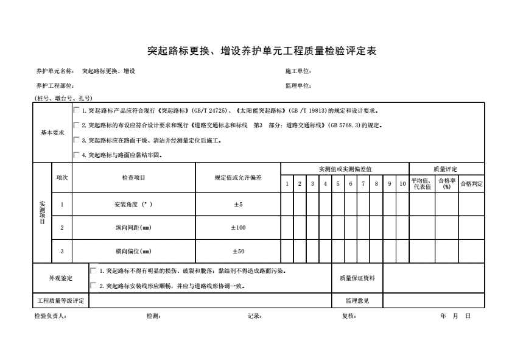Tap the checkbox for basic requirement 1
[x=77, y=111]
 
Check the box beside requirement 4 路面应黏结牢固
[x=77, y=155]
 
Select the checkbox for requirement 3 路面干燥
[x=77, y=140]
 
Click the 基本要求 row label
[x=52, y=132]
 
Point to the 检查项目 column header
[x=133, y=178]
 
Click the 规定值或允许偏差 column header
[x=237, y=178]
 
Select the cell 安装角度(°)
[x=133, y=205]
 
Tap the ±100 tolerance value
[x=237, y=228]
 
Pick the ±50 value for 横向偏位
[x=237, y=251]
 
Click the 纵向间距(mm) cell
[x=133, y=228]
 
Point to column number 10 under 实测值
[x=402, y=184]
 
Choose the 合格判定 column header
[x=471, y=184]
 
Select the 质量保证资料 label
[x=357, y=278]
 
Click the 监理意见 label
[x=357, y=300]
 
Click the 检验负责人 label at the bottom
[x=51, y=316]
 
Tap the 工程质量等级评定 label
[x=60, y=300]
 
